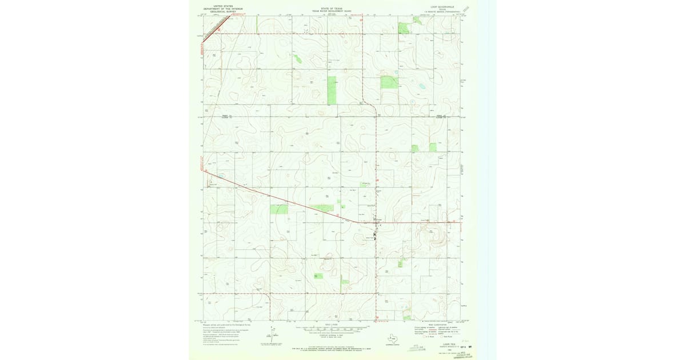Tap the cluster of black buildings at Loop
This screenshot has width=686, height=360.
point(375,235)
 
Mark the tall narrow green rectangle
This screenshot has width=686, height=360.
point(332,90)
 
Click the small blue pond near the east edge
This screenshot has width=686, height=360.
point(422,86)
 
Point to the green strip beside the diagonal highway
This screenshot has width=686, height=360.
point(322,208)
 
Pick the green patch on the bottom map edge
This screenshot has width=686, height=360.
point(407,317)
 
